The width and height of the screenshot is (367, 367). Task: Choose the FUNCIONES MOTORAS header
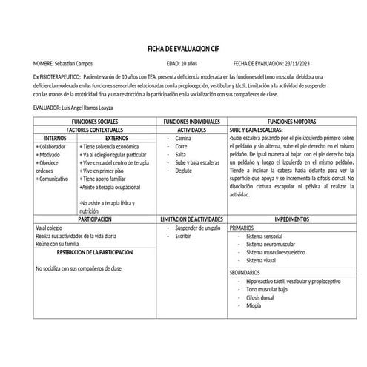point(292,120)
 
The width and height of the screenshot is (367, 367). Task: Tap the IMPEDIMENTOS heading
point(292,221)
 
